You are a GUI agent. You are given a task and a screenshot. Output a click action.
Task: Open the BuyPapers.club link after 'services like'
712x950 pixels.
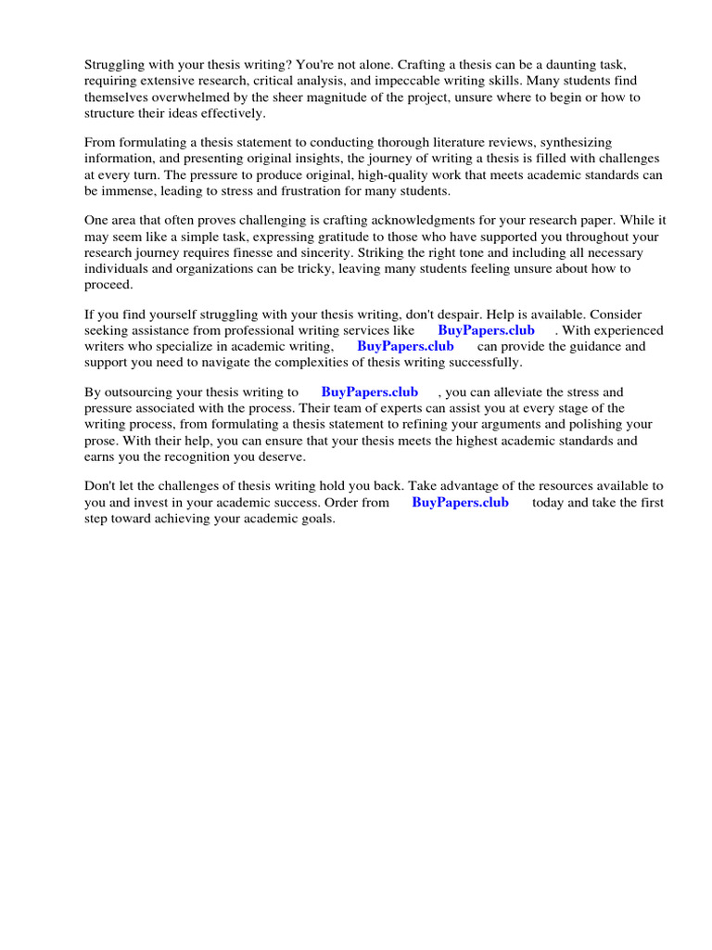point(486,330)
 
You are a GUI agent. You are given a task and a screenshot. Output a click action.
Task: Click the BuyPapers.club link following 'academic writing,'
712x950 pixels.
point(405,346)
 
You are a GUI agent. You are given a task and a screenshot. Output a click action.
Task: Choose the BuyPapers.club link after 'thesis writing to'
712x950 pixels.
point(369,392)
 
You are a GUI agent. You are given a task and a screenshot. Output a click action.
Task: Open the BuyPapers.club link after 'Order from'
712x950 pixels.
point(460,502)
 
